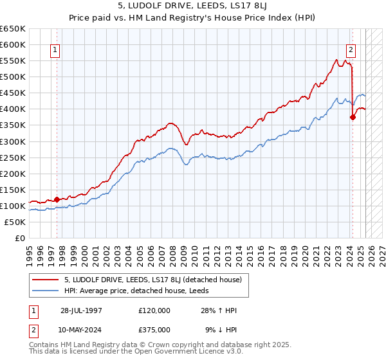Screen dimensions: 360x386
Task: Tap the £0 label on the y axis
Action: (21, 238)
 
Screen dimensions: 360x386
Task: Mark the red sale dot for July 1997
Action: (57, 199)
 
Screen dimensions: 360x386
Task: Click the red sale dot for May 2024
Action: (353, 117)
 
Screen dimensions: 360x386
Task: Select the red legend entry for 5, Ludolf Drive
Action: (152, 280)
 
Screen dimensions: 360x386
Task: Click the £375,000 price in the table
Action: (154, 329)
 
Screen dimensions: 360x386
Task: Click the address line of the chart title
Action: (193, 7)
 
